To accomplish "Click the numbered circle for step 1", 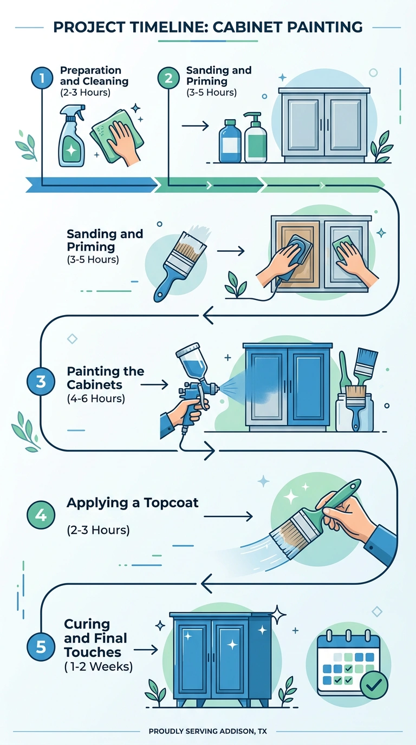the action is click(42, 78).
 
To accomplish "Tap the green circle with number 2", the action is click(168, 78).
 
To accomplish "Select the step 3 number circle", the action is click(41, 382).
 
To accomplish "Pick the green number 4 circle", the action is click(41, 515).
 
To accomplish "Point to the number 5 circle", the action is click(41, 647).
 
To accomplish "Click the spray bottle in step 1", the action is click(71, 136).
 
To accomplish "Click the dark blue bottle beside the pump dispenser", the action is click(230, 141).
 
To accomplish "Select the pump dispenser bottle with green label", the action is click(256, 138).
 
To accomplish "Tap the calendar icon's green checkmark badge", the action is click(374, 685).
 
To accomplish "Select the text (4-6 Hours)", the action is click(96, 398).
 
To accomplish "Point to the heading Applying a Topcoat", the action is click(133, 502).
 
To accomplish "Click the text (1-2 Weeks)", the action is click(98, 666).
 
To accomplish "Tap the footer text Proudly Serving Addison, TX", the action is click(207, 731).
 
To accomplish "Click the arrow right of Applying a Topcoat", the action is click(228, 516).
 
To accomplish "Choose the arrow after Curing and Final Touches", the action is click(146, 649).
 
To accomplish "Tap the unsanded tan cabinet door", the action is click(297, 254).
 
